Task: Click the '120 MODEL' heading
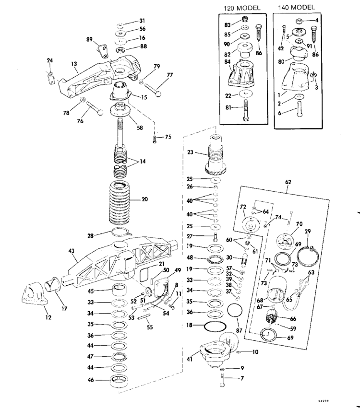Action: pyautogui.click(x=242, y=8)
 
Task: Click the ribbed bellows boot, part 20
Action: pyautogui.click(x=117, y=202)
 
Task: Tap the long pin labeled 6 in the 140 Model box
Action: pyautogui.click(x=299, y=116)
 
